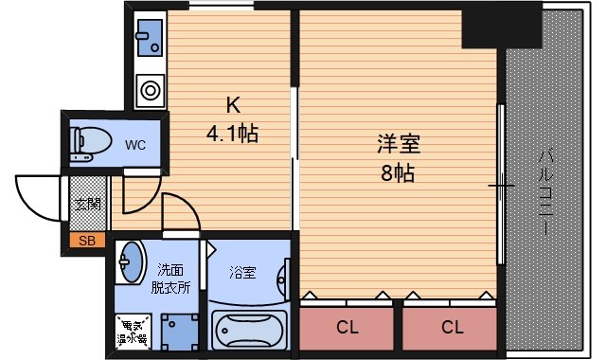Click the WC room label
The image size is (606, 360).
coord(134,145)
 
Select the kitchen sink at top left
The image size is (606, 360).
coord(148,39)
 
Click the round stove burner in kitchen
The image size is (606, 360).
coord(150,92)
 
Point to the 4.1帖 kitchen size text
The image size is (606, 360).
coord(232,133)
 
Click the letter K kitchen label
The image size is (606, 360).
coord(231,105)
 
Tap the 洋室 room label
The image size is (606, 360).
coord(399,146)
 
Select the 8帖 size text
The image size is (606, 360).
coord(399,174)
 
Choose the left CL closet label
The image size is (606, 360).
coord(348,328)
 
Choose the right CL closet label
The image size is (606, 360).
coord(452,328)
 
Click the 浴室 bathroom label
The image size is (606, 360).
coord(242,273)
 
